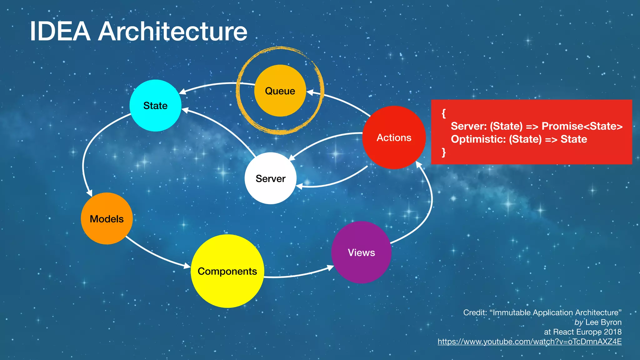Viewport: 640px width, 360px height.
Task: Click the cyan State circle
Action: pyautogui.click(x=155, y=105)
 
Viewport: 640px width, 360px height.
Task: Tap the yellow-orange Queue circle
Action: pyautogui.click(x=280, y=91)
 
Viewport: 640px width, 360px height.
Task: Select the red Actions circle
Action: pyautogui.click(x=394, y=137)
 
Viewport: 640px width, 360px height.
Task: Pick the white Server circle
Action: pyautogui.click(x=270, y=178)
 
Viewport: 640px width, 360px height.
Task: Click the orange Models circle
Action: pyautogui.click(x=107, y=218)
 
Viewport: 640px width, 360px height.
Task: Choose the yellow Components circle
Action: pyautogui.click(x=227, y=271)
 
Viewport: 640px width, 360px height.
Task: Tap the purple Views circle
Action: pyautogui.click(x=361, y=252)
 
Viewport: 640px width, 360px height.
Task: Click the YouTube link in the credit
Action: pyautogui.click(x=529, y=342)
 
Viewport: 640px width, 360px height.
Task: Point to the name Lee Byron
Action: pyautogui.click(x=603, y=322)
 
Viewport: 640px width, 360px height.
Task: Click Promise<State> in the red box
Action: pyautogui.click(x=582, y=126)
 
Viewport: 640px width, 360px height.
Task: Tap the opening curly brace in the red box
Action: pyautogui.click(x=443, y=113)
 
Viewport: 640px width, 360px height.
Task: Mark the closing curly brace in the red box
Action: pyautogui.click(x=443, y=152)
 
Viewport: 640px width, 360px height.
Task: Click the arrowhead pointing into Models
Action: pyautogui.click(x=89, y=193)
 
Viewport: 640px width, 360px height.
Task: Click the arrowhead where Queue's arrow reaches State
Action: pyautogui.click(x=182, y=92)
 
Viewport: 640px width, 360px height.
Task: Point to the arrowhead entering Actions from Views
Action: pyautogui.click(x=418, y=164)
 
